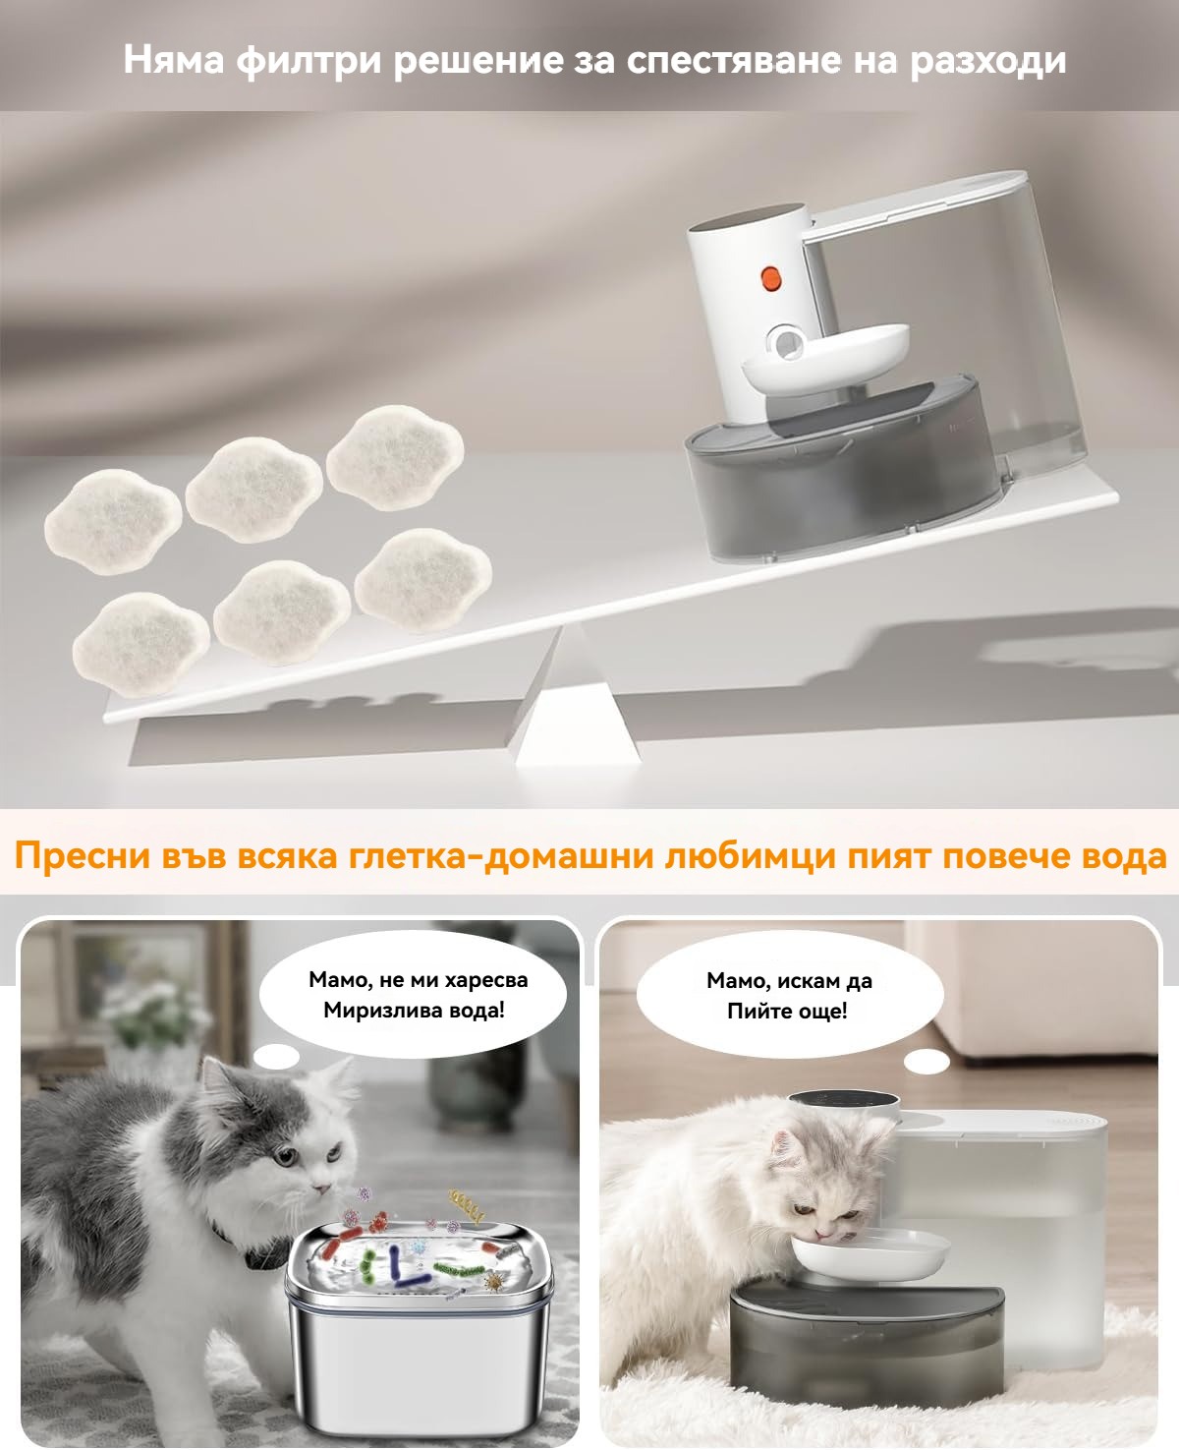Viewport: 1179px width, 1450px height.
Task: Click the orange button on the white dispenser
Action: (770, 278)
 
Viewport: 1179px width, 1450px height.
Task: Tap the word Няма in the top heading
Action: (174, 61)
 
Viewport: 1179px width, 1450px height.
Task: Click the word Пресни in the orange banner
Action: (82, 855)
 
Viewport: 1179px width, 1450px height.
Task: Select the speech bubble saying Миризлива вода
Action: (413, 995)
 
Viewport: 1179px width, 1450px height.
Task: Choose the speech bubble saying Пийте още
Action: (789, 995)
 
